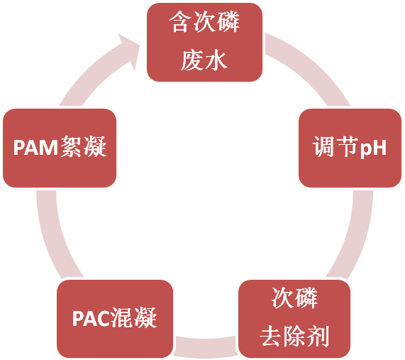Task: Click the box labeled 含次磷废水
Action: tap(204, 42)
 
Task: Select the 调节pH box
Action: tap(350, 148)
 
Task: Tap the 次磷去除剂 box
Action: tap(294, 319)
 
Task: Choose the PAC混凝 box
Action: tap(115, 319)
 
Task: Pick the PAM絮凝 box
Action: tap(60, 148)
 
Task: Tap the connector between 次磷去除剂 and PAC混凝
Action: tap(206, 347)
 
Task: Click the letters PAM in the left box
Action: tap(35, 148)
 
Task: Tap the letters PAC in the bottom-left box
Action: tap(91, 318)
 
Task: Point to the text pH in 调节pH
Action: tap(373, 148)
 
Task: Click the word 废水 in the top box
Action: tap(204, 60)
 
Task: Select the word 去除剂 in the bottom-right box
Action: tap(294, 336)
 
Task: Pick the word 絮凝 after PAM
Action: tap(84, 147)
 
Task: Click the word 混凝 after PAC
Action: tap(134, 317)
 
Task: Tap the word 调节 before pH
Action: tap(335, 147)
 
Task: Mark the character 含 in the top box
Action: tap(180, 22)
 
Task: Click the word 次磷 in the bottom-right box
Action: tap(294, 298)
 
